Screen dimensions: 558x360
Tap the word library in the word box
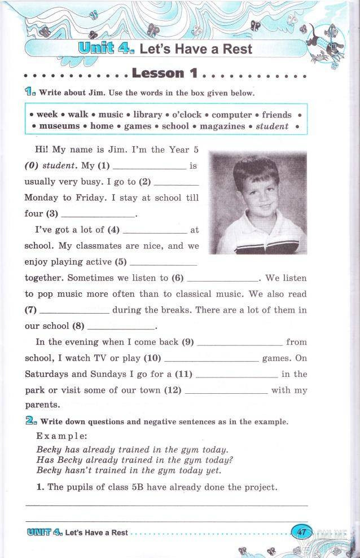147,115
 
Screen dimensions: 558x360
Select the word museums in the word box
59,126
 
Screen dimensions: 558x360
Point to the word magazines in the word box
222,126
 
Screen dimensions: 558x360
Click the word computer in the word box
231,115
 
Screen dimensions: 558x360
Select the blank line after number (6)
222,279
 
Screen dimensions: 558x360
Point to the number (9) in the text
187,342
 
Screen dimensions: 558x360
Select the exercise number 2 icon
30,421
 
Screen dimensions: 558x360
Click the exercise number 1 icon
30,91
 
